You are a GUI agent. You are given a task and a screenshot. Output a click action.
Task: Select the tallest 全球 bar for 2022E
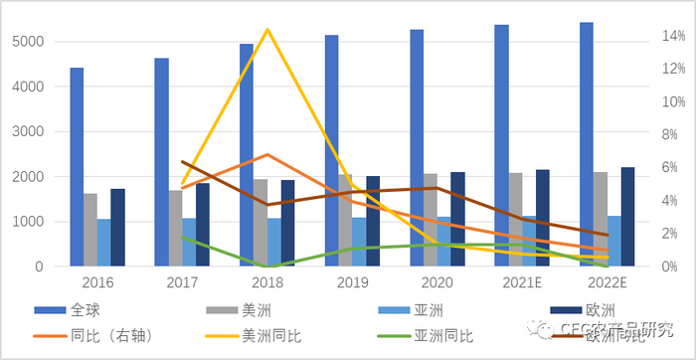click(x=587, y=144)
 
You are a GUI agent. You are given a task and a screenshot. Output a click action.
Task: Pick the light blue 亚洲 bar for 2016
click(x=103, y=243)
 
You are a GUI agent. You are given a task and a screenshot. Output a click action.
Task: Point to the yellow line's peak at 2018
click(x=267, y=30)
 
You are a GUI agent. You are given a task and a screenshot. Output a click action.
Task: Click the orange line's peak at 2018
click(x=267, y=154)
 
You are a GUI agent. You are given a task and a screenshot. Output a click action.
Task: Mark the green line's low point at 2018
click(x=267, y=266)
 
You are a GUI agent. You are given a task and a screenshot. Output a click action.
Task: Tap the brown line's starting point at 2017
click(x=183, y=161)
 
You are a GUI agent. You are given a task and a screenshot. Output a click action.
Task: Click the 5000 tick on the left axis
click(x=28, y=42)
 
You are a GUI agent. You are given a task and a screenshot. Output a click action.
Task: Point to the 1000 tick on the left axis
click(x=28, y=222)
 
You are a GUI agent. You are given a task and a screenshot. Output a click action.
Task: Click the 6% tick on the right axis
click(x=667, y=168)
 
